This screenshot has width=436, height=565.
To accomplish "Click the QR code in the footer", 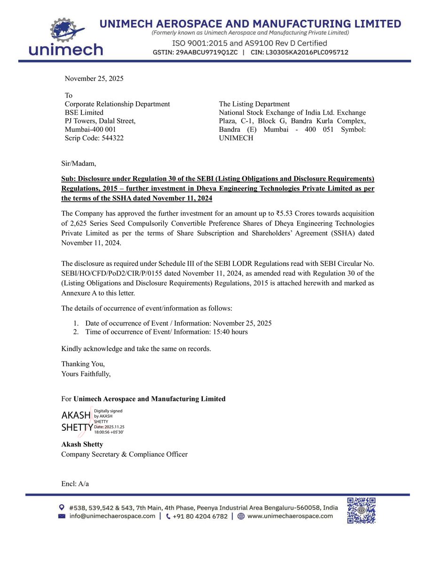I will (361, 510).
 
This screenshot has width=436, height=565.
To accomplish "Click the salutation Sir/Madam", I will (79, 163).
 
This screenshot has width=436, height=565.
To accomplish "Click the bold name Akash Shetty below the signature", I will (82, 444).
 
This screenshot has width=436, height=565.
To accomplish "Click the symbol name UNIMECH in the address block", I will (236, 138).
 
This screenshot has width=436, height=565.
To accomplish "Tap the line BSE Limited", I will (84, 113).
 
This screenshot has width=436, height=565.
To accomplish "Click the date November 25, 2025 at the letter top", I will (94, 79).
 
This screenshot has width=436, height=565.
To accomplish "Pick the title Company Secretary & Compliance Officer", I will (124, 454).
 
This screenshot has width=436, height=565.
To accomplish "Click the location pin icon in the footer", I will (62, 508).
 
